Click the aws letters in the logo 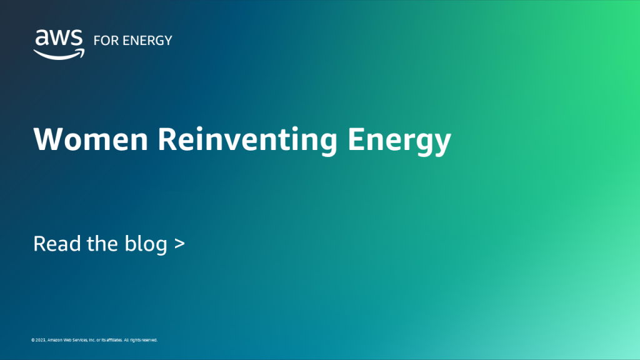coord(59,39)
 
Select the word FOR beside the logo coord(104,41)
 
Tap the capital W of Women coord(47,139)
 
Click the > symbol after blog coord(180,244)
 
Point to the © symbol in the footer coord(33,340)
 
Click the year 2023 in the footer coord(41,340)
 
